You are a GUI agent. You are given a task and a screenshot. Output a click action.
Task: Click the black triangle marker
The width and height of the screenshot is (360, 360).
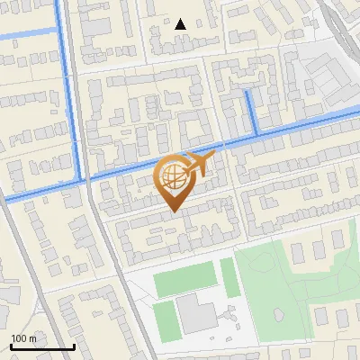181,24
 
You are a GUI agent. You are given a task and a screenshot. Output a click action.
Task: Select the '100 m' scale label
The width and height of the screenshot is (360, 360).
23,338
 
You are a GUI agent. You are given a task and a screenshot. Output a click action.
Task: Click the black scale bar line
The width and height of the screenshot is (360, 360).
41,347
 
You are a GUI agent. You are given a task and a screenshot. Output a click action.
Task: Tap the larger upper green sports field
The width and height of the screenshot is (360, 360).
186,281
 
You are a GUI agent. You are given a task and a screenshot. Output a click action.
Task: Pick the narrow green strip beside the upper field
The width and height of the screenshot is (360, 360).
229,278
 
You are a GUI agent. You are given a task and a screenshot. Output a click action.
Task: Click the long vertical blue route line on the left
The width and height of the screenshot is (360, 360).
71,90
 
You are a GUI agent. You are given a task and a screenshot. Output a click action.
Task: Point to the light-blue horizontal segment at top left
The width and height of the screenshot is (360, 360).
27,36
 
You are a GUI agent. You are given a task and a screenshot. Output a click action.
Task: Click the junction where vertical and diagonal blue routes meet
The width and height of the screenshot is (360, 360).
85,178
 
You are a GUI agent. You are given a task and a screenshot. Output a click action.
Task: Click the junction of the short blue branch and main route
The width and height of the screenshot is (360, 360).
257,134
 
